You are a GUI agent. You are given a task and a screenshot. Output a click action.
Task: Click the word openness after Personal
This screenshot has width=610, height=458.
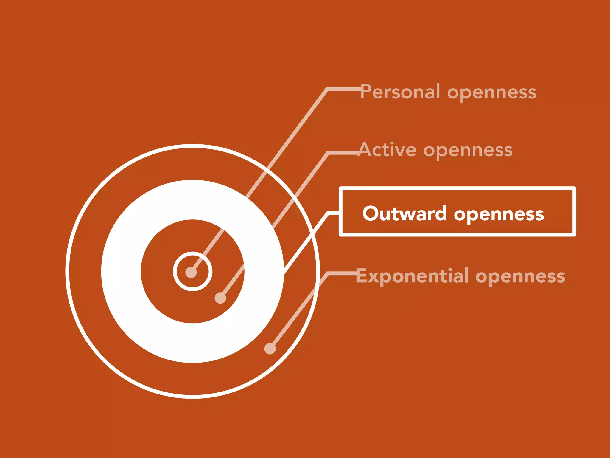point(492,93)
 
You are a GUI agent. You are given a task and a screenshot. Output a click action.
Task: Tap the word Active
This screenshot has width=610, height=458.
point(388,150)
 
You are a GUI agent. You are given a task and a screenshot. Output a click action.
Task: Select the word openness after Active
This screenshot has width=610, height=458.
point(468,151)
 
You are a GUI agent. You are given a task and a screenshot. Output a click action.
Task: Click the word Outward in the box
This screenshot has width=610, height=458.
point(404,213)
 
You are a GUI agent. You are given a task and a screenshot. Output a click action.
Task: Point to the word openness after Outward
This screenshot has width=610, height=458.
point(499,215)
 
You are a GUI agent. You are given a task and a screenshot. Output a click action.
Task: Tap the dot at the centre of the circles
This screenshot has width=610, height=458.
point(191,272)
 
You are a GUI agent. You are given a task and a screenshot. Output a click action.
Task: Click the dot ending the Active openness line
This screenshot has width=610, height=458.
point(220,298)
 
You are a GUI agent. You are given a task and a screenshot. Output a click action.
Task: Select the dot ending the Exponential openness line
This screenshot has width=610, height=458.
point(270,349)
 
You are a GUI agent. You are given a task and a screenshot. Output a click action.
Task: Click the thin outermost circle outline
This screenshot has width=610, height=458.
point(68,271)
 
